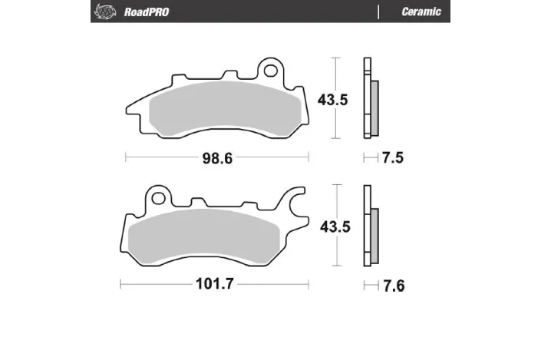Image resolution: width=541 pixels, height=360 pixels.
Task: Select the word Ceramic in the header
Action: tap(421, 12)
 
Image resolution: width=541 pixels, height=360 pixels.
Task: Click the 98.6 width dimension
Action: tap(217, 159)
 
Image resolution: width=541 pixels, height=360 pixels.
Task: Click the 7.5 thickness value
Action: tap(392, 159)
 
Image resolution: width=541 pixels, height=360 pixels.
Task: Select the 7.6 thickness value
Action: tap(393, 286)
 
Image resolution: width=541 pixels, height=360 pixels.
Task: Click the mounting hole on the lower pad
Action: tap(158, 197)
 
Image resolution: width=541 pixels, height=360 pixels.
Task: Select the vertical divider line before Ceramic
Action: tap(379, 12)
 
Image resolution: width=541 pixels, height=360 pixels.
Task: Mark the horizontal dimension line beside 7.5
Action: tap(369, 159)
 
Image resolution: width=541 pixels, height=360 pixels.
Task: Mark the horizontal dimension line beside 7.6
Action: tap(369, 286)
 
